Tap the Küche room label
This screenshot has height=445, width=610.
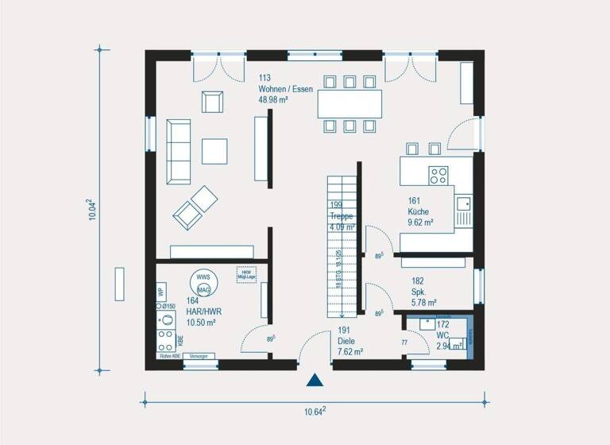(x=419, y=212)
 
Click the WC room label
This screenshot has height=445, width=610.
(x=442, y=336)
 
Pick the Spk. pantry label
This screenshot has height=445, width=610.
(x=422, y=292)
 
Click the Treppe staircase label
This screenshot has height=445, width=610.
(x=342, y=215)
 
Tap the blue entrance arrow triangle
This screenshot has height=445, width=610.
(x=315, y=381)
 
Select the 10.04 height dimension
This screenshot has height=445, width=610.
(x=92, y=211)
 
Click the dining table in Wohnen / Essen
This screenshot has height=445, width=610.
(x=349, y=104)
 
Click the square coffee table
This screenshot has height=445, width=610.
(x=214, y=151)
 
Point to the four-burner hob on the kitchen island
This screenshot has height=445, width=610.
(x=439, y=175)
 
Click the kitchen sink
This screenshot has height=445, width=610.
(x=463, y=211)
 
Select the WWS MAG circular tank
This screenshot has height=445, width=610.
(x=203, y=284)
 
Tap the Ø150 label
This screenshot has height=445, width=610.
(x=168, y=306)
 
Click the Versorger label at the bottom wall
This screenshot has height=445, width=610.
(x=199, y=357)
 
